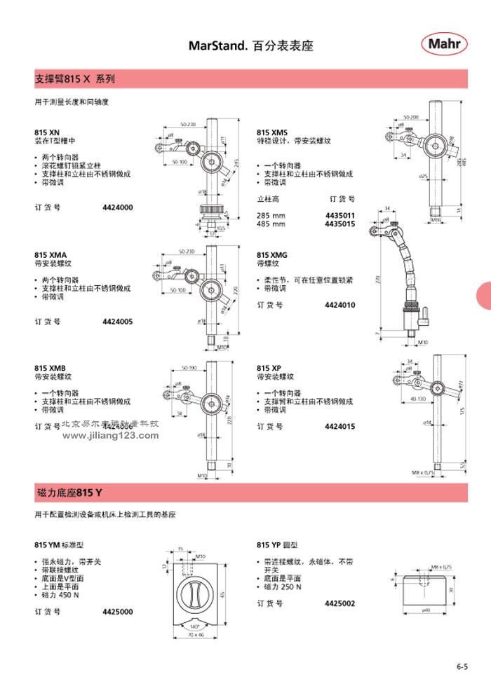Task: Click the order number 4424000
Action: (x=117, y=208)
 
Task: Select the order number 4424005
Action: (x=117, y=322)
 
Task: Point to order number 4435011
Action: (x=340, y=215)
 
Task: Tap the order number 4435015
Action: (x=340, y=224)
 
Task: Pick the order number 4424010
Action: (x=340, y=305)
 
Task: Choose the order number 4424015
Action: (x=340, y=426)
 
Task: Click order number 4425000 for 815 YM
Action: (x=117, y=611)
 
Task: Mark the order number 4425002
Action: (x=340, y=603)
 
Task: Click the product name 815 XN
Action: (x=48, y=132)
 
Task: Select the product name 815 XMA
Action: (x=50, y=254)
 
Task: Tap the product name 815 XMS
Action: (x=272, y=132)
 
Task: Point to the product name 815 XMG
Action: (x=272, y=255)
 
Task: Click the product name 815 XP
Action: (x=269, y=368)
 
